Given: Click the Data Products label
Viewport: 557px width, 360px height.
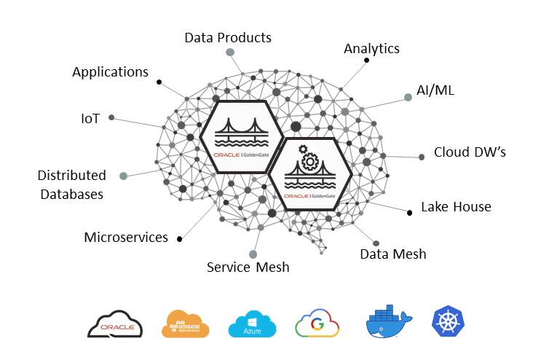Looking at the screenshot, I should [227, 37].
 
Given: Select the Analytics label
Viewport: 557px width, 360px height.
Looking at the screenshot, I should [371, 49].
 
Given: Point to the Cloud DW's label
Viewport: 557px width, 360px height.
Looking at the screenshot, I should [469, 152].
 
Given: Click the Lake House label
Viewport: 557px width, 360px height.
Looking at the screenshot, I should [456, 207].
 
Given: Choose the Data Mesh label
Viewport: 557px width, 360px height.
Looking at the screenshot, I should [393, 254].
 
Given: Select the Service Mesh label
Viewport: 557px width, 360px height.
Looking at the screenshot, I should [248, 267].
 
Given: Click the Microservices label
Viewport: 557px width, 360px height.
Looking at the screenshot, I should [126, 238].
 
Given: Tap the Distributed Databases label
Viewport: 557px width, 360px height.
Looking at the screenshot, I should [71, 185].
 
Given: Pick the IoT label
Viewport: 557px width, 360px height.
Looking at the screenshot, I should [91, 117].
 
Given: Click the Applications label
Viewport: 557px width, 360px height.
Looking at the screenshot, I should [110, 72].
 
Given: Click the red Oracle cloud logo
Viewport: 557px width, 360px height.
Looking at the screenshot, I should [115, 324].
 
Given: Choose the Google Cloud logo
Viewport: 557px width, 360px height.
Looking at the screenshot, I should [318, 324].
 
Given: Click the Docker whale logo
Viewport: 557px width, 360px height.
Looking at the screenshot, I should [388, 321].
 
